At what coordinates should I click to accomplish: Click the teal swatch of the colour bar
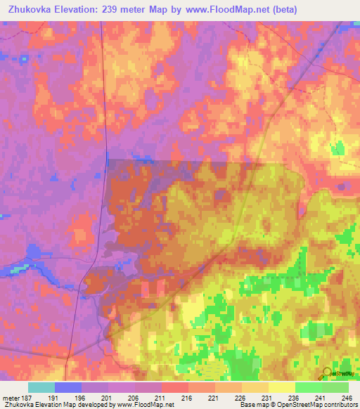(x=41, y=387)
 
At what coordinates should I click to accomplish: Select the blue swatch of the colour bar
(x=68, y=387)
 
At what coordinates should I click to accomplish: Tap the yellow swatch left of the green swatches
(x=282, y=387)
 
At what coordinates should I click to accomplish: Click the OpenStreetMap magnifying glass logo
(x=328, y=372)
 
